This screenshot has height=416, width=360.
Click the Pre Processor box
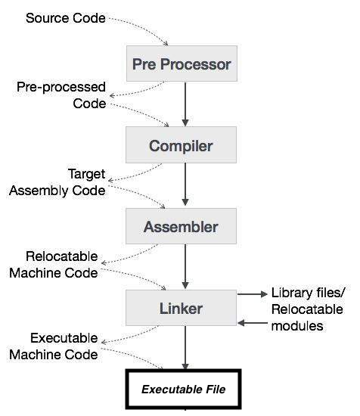tap(182, 64)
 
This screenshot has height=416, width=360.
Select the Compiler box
tap(181, 144)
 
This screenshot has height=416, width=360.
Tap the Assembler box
tap(181, 226)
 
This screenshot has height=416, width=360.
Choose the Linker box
tap(181, 308)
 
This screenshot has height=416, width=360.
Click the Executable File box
tap(183, 389)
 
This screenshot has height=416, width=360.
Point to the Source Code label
tap(66, 18)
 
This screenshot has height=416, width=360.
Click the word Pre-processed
tap(61, 87)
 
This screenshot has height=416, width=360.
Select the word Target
tap(87, 174)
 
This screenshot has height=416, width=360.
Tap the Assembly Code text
tap(57, 191)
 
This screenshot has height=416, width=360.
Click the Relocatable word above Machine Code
tap(62, 256)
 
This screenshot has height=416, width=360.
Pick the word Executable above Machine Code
tap(64, 338)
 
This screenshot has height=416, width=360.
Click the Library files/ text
tap(309, 293)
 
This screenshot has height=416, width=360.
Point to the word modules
tap(297, 325)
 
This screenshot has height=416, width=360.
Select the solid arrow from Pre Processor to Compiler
tap(185, 104)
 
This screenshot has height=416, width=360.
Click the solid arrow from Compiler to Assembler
tap(185, 185)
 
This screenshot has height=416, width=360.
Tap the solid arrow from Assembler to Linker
tap(185, 267)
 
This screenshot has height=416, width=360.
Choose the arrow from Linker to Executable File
tap(185, 348)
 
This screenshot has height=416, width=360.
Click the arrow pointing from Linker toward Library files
tap(253, 294)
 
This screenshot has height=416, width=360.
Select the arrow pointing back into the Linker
tap(253, 323)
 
